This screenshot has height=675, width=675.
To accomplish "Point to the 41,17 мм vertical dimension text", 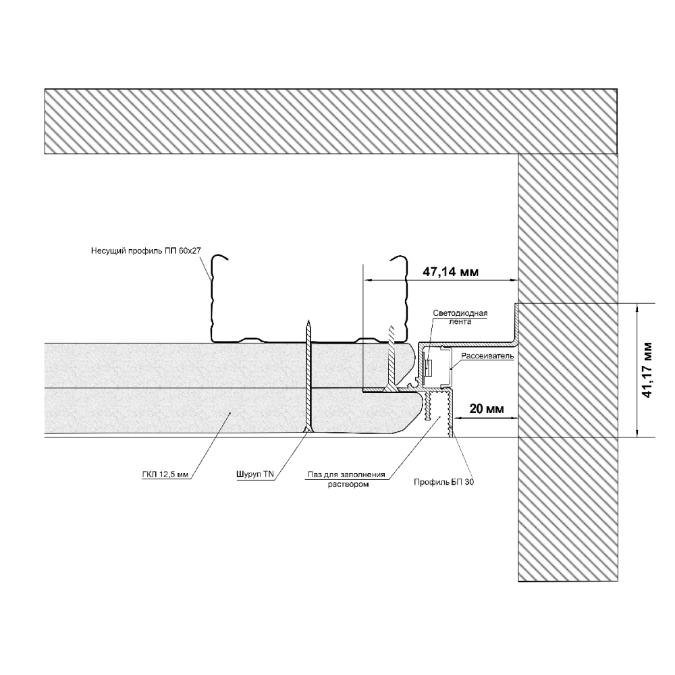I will [x=648, y=370].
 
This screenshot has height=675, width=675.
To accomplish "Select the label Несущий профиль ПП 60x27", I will [x=146, y=251].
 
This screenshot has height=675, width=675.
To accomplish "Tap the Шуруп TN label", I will [x=255, y=475].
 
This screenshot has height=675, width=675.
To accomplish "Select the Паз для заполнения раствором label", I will [x=346, y=479].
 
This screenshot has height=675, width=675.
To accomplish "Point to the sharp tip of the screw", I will [x=308, y=323].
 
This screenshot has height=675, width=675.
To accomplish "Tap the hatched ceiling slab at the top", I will [x=331, y=121].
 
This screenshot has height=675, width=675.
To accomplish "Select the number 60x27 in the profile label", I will [x=190, y=251].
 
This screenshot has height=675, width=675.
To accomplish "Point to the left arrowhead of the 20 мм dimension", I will [x=458, y=418].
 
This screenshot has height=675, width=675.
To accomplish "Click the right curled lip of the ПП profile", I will [x=398, y=259].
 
